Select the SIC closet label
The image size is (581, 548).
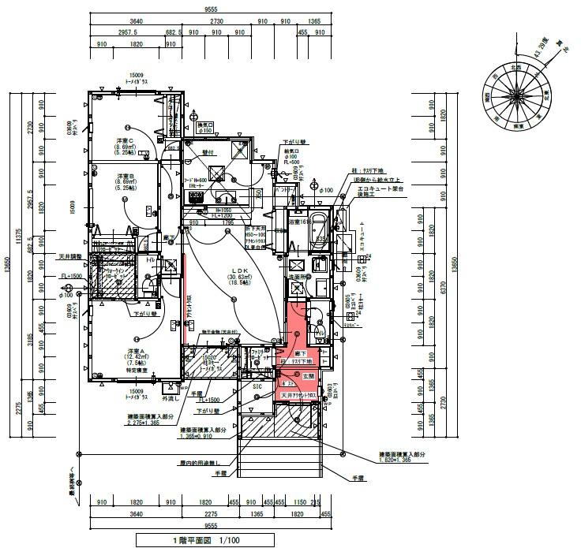tap(257, 386)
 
